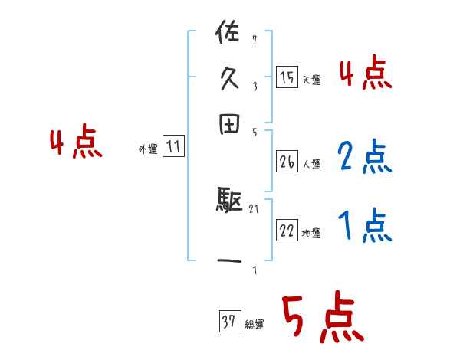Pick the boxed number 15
click(287, 78)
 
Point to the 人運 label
click(311, 164)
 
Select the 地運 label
click(311, 234)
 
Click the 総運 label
click(255, 324)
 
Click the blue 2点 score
click(365, 156)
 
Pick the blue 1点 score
click(365, 226)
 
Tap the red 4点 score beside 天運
click(366, 74)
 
